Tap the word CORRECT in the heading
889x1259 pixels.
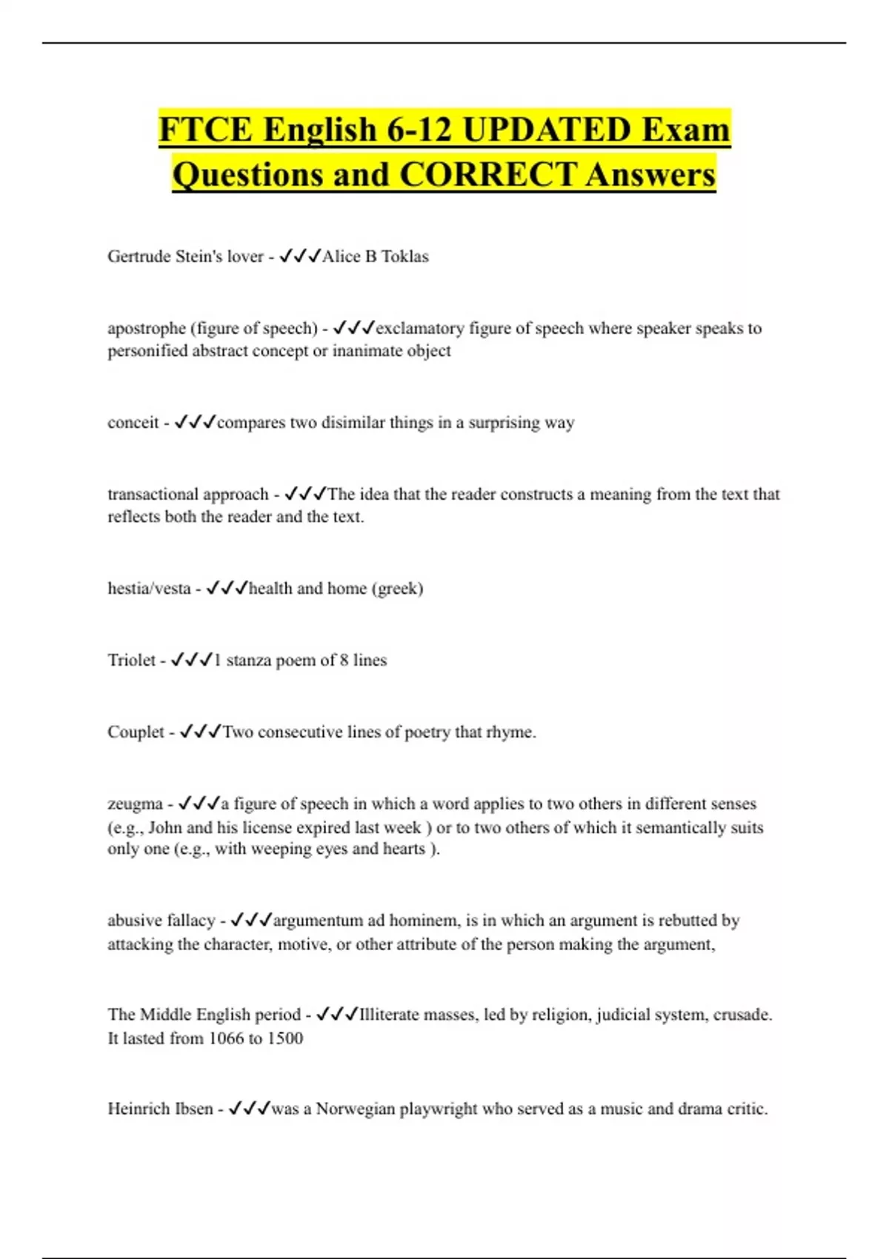[x=487, y=176]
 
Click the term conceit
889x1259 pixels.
[x=133, y=423]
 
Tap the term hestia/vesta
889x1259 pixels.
[x=149, y=589]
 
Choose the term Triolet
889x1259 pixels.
[x=132, y=660]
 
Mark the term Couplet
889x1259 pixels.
[x=136, y=732]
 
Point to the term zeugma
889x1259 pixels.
[x=135, y=804]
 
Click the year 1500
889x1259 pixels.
[x=284, y=1038]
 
